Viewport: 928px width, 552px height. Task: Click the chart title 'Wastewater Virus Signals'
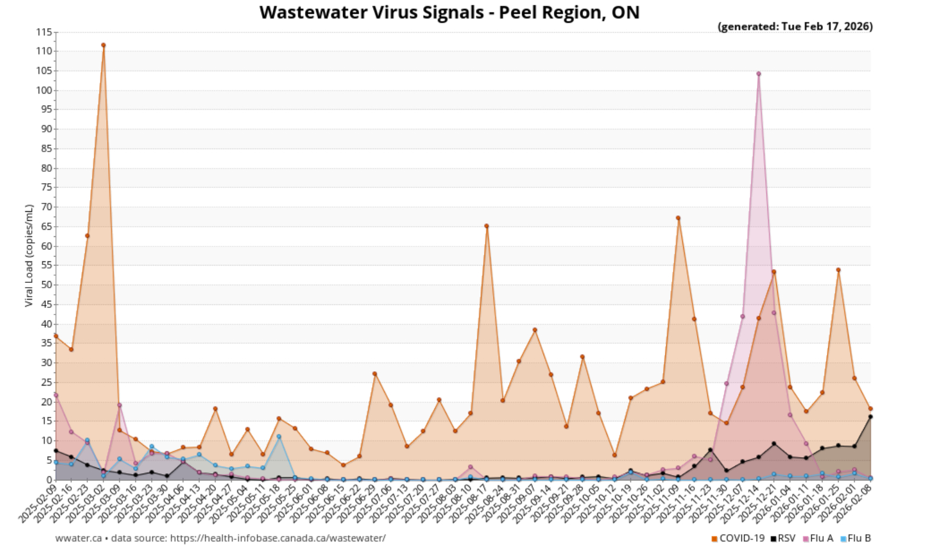click(x=449, y=13)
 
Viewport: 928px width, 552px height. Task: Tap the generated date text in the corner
click(x=795, y=26)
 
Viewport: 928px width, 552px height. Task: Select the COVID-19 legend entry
click(x=738, y=538)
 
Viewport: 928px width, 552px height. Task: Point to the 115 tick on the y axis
click(x=44, y=32)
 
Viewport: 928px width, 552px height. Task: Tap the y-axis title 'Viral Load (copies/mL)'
click(x=29, y=255)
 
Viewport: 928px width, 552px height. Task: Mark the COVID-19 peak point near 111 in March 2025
click(x=103, y=45)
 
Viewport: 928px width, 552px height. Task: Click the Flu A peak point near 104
click(x=759, y=74)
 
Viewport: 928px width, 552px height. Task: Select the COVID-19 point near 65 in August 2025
click(x=486, y=226)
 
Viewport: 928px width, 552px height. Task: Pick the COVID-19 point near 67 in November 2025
click(x=678, y=218)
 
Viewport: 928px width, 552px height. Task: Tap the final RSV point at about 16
click(x=870, y=417)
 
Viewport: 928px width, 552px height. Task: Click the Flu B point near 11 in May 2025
click(x=279, y=437)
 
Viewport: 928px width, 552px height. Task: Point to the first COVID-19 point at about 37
click(x=56, y=336)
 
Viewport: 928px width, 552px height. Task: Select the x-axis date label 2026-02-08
click(x=854, y=503)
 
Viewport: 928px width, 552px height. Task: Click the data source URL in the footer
click(x=278, y=538)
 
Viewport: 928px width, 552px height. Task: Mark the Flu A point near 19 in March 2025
click(x=119, y=405)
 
